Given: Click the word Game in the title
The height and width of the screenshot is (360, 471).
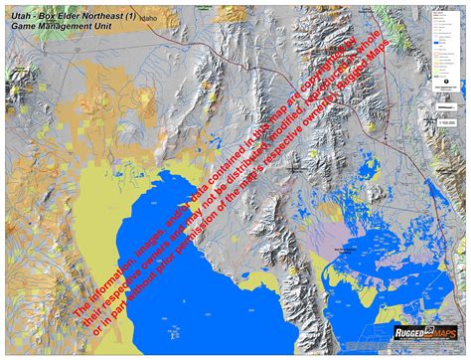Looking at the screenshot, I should point(22,30).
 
